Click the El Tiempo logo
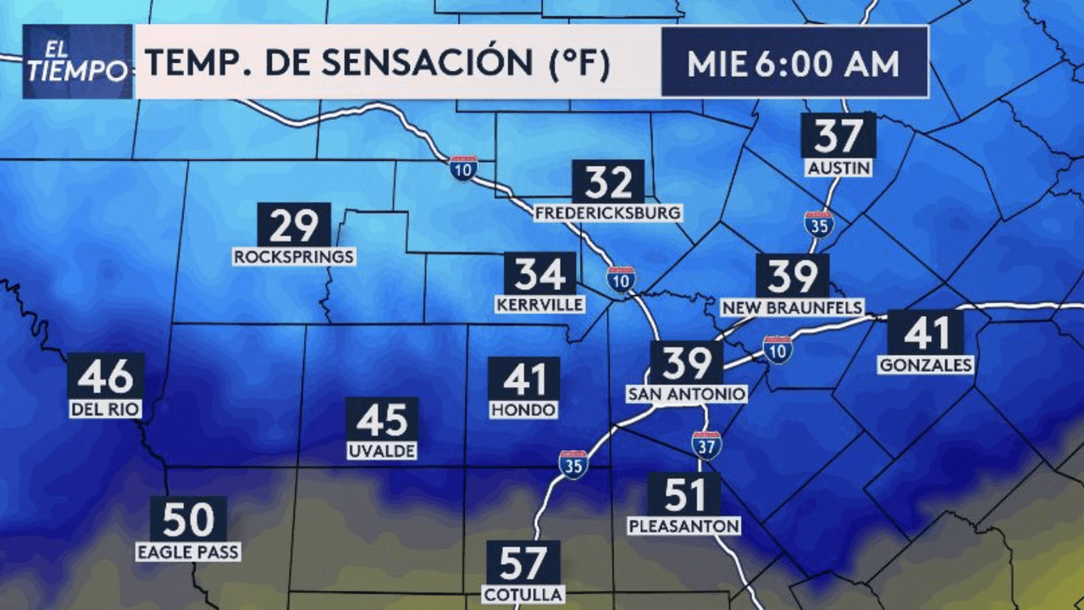77,62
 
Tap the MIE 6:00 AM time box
794,63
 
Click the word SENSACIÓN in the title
429,64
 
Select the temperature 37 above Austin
838,136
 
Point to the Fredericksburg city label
608,213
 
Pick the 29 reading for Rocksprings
293,225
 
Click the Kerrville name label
539,303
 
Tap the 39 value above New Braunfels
792,276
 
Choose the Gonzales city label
926,365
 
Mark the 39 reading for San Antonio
686,363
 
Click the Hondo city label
523,409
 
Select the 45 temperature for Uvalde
382,419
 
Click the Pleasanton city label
684,526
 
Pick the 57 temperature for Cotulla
523,562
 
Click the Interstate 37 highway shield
705,445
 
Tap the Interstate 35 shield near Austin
819,224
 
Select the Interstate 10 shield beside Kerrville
621,279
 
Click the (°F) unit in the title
580,64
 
